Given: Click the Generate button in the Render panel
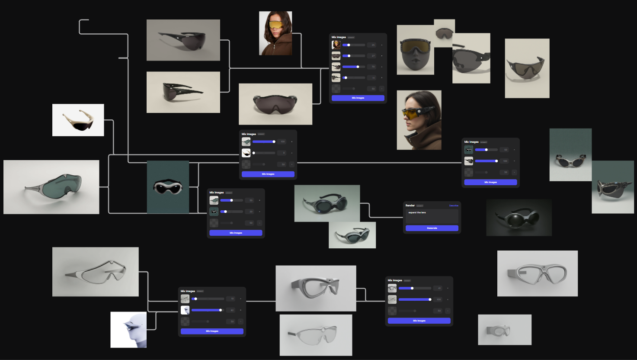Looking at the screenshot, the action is tap(432, 228).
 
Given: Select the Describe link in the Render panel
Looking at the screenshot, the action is tap(454, 206).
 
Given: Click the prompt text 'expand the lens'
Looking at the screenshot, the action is tap(417, 212).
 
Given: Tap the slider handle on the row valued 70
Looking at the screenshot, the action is tap(358, 67).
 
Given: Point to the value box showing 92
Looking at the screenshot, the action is tap(232, 310).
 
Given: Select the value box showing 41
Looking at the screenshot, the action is tap(439, 288).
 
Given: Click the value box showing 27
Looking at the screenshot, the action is tap(373, 56).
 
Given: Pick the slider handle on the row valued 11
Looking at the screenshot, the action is tap(346, 78).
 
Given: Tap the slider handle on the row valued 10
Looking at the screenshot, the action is tap(195, 299).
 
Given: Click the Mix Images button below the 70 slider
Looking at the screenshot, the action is tap(358, 98).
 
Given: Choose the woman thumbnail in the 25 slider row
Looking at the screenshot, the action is tap(336, 45).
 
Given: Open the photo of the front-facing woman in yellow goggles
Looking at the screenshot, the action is tap(275, 33).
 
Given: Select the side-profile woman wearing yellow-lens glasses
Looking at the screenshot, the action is tap(419, 120).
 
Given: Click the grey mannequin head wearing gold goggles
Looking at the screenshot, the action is tap(415, 50).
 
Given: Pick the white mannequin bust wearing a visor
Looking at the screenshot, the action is tap(128, 330).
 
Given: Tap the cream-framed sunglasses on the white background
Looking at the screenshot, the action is tap(78, 120).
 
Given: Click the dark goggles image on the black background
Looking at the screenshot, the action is tap(519, 217).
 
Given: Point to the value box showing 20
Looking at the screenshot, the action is tap(251, 212).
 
